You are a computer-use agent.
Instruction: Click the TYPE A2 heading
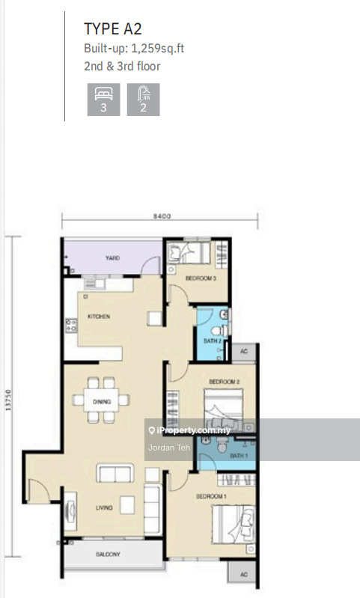(x=113, y=29)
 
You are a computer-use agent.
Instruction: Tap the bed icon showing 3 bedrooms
(x=104, y=100)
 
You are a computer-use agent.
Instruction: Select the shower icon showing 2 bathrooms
(x=144, y=100)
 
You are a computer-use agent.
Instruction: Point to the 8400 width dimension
(x=162, y=216)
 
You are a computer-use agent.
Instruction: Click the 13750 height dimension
(x=8, y=400)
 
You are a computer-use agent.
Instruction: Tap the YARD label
(x=112, y=258)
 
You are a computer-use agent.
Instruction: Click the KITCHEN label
(x=99, y=317)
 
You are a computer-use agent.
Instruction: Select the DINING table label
(x=102, y=402)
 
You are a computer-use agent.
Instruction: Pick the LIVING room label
(x=104, y=507)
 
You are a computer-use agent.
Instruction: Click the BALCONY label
(x=108, y=554)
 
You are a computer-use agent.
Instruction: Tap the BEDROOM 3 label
(x=201, y=278)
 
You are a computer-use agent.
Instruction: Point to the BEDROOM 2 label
(x=225, y=382)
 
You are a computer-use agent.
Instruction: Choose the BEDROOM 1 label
(x=211, y=496)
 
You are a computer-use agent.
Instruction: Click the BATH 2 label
(x=213, y=341)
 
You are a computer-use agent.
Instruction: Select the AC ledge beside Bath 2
(x=244, y=352)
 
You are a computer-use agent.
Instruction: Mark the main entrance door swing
(x=39, y=489)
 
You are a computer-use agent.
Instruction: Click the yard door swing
(x=151, y=266)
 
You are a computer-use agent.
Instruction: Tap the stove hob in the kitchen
(x=71, y=326)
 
